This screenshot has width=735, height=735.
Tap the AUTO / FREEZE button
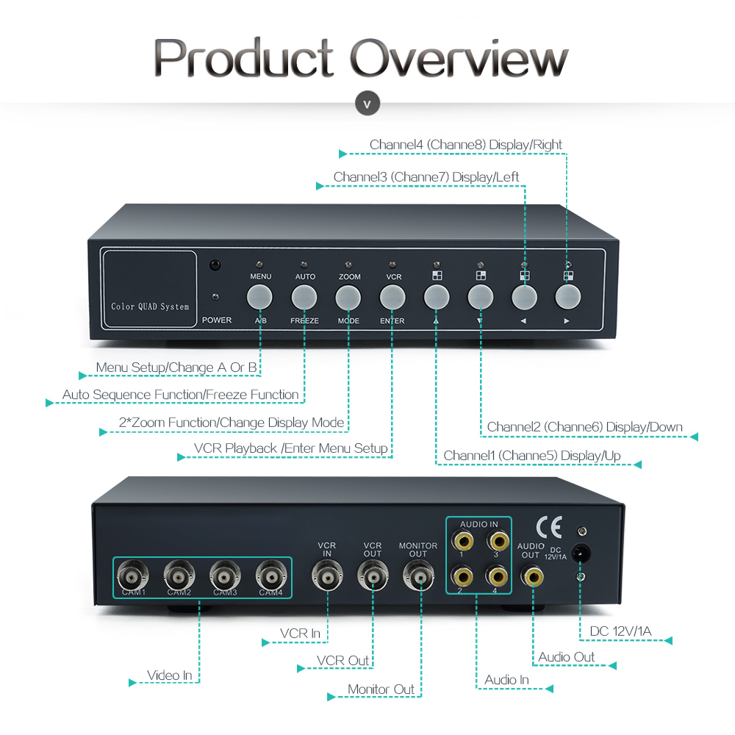click(304, 296)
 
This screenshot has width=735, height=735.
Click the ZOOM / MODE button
click(348, 296)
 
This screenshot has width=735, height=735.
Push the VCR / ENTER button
click(392, 296)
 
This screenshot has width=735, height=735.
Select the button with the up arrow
click(437, 296)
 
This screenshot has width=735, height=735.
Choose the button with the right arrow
click(567, 296)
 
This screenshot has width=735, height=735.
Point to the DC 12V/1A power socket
click(581, 553)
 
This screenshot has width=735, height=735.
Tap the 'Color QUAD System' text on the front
click(150, 306)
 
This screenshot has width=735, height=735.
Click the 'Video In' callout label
click(169, 675)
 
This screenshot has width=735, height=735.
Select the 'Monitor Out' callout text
click(381, 689)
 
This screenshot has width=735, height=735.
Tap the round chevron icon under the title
click(367, 104)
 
